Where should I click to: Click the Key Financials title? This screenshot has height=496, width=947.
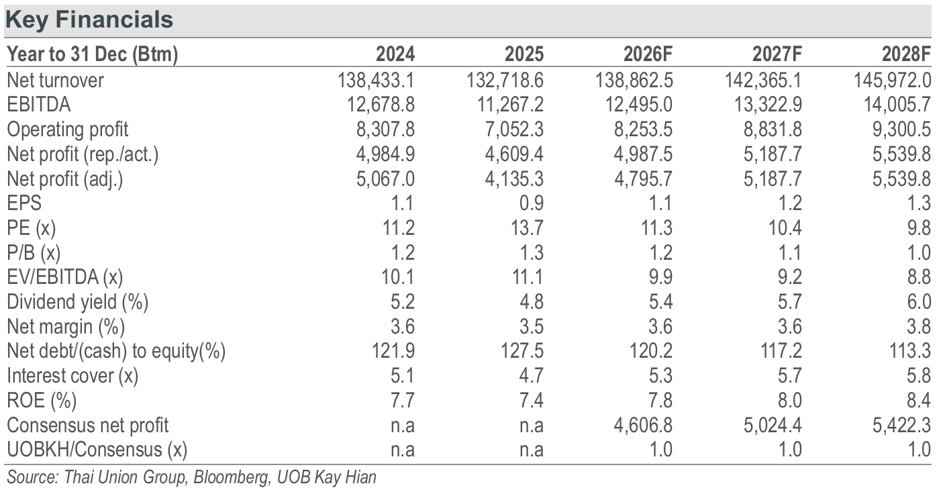(89, 20)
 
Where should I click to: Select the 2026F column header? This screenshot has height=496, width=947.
(648, 54)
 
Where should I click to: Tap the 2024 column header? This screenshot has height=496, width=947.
(395, 54)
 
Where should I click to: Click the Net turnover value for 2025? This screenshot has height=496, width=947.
(505, 81)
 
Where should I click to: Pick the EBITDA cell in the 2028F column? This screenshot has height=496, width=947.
(897, 105)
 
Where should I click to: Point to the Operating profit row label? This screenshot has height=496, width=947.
(68, 130)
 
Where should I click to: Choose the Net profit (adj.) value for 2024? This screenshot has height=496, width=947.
(385, 179)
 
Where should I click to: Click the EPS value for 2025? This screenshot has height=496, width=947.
(532, 203)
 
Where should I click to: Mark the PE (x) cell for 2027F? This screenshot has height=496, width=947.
(785, 228)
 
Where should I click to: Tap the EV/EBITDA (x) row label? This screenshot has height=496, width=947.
(65, 277)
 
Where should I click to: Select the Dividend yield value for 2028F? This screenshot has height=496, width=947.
(919, 302)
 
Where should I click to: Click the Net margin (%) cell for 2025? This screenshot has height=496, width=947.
(532, 326)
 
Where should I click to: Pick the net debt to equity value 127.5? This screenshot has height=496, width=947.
(522, 351)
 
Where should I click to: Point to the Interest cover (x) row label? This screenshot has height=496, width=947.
(72, 376)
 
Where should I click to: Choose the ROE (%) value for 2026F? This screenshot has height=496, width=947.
(660, 401)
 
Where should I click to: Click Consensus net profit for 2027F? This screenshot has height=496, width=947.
(772, 425)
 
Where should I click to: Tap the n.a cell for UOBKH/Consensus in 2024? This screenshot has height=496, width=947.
(403, 450)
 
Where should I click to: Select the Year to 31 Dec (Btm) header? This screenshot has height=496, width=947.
(93, 54)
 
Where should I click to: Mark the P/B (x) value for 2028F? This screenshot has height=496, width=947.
(919, 252)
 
